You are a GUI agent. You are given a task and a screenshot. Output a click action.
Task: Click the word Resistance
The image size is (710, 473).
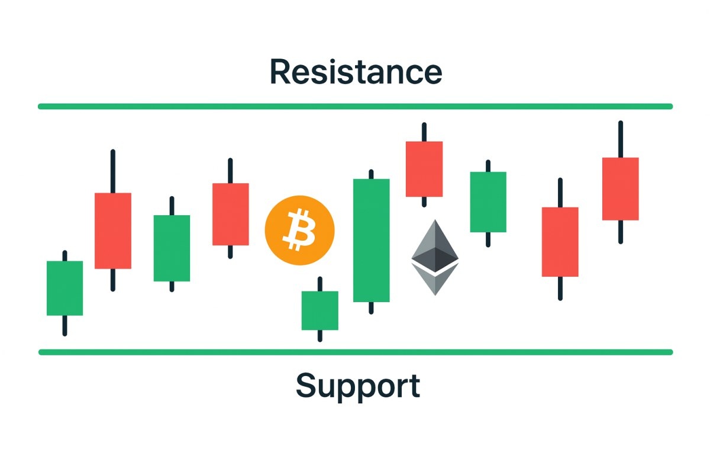[356, 72]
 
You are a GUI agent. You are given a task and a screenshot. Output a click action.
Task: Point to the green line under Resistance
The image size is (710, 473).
[355, 106]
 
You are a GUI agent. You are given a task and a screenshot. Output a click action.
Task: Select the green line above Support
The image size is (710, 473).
[355, 352]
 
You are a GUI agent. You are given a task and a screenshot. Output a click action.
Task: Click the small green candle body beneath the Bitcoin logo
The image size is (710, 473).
[319, 310]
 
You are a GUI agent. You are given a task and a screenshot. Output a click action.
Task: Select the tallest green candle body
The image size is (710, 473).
[372, 240]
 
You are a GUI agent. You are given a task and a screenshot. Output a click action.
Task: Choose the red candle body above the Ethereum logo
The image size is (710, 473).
[424, 169]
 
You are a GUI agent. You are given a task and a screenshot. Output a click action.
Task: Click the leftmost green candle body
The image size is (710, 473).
[64, 288]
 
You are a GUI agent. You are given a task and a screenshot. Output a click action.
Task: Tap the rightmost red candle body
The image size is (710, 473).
[621, 189]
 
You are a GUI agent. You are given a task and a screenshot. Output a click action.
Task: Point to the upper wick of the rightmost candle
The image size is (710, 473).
[621, 140]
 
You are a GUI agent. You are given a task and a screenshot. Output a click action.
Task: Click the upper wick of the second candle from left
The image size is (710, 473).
[112, 171]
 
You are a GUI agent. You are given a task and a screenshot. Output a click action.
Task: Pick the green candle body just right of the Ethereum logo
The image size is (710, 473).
[488, 202]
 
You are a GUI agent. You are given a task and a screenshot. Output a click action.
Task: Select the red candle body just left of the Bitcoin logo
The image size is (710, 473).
[230, 214]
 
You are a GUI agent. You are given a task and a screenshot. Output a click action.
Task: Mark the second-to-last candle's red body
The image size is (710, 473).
[560, 242]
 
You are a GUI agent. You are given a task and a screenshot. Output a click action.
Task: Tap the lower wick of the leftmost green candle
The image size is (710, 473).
[64, 325]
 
